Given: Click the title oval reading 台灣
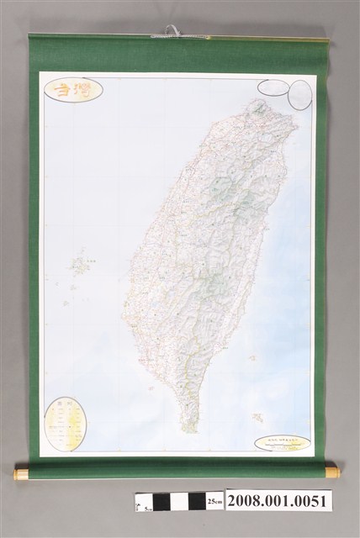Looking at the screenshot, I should pyautogui.click(x=74, y=89).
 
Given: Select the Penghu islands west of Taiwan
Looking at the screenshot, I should pyautogui.click(x=81, y=266).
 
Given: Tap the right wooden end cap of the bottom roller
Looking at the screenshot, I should pyautogui.click(x=332, y=472).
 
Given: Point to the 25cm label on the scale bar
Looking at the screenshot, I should pyautogui.click(x=216, y=502).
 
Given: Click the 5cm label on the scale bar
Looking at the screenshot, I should pyautogui.click(x=146, y=509).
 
